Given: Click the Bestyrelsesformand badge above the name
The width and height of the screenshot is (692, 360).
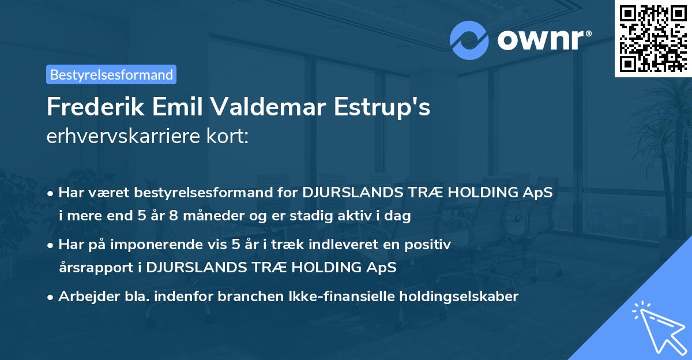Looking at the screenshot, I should point(111,74).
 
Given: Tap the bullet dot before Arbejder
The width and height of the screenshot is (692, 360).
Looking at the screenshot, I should point(51,297).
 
